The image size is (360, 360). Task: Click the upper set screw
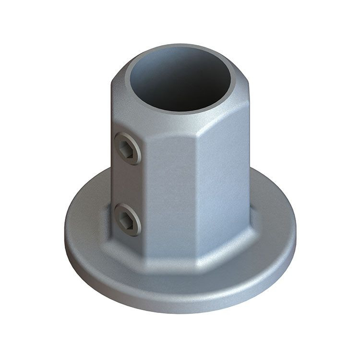click(128, 148)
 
